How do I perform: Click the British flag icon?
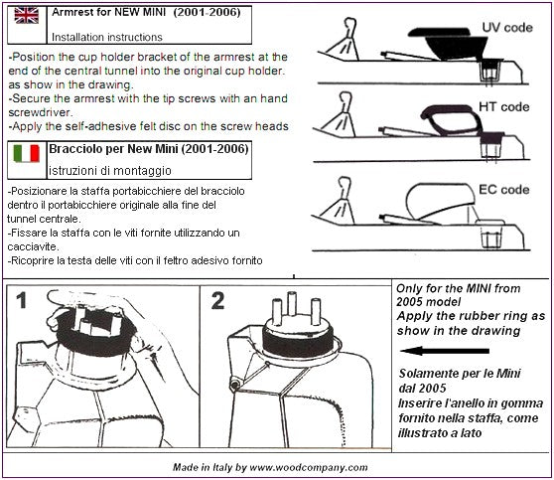tap(27, 16)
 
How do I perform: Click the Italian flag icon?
tap(27, 153)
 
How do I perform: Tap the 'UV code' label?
tap(507, 28)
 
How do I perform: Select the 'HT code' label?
tap(503, 106)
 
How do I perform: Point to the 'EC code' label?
tap(503, 190)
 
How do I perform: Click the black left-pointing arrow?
tap(445, 351)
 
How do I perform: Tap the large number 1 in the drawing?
tap(22, 301)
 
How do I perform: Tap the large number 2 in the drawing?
tap(217, 301)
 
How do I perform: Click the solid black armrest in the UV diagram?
tap(448, 41)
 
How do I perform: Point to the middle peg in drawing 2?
tap(292, 303)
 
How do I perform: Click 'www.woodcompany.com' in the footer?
tap(309, 468)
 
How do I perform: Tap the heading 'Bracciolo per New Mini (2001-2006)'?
tap(149, 149)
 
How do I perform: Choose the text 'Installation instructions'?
tap(107, 37)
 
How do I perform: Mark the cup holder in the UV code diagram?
tap(489, 72)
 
